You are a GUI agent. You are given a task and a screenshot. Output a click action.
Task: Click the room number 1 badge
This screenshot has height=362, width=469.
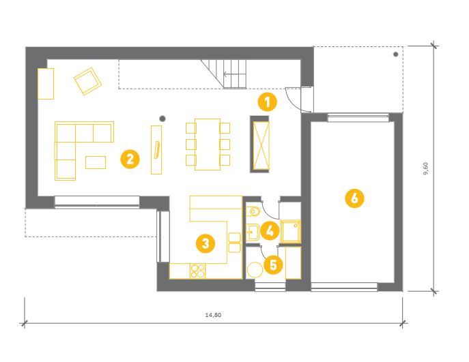[267, 102]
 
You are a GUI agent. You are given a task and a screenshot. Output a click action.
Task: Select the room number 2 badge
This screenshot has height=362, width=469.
[130, 159]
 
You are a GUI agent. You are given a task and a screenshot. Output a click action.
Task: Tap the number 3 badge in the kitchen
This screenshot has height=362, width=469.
[205, 243]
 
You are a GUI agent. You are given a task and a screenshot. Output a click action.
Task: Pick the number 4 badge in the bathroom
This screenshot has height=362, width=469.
[270, 230]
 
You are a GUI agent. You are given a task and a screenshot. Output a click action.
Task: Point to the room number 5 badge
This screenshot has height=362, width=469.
[273, 265]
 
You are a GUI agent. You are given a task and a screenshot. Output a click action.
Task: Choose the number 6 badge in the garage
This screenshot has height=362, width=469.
[354, 198]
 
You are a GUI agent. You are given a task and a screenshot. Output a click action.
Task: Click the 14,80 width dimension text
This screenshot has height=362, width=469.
[213, 315]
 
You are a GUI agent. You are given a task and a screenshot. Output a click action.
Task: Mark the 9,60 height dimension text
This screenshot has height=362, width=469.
[426, 168]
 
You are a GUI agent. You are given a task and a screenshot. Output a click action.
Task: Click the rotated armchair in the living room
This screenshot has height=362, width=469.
[87, 81]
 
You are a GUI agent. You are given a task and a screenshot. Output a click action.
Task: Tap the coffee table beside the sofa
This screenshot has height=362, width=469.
[96, 162]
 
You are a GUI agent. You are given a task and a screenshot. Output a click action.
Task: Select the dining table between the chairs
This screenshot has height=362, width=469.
[208, 145]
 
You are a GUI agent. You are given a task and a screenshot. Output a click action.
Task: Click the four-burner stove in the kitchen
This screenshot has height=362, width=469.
[198, 271]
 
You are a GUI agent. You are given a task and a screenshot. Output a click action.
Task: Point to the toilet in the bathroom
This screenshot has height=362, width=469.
[254, 211]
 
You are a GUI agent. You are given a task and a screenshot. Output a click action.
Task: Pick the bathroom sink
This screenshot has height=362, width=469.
[253, 232]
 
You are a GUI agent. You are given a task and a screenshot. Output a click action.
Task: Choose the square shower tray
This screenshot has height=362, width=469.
[290, 232]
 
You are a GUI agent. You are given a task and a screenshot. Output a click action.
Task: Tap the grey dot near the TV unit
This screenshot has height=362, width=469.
[162, 119]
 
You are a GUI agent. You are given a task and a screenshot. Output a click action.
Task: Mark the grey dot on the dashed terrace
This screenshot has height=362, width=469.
[396, 55]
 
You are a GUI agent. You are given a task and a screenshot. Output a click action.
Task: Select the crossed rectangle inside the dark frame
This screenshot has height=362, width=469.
[261, 146]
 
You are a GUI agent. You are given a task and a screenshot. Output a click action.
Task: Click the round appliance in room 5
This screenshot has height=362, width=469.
[255, 270]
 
